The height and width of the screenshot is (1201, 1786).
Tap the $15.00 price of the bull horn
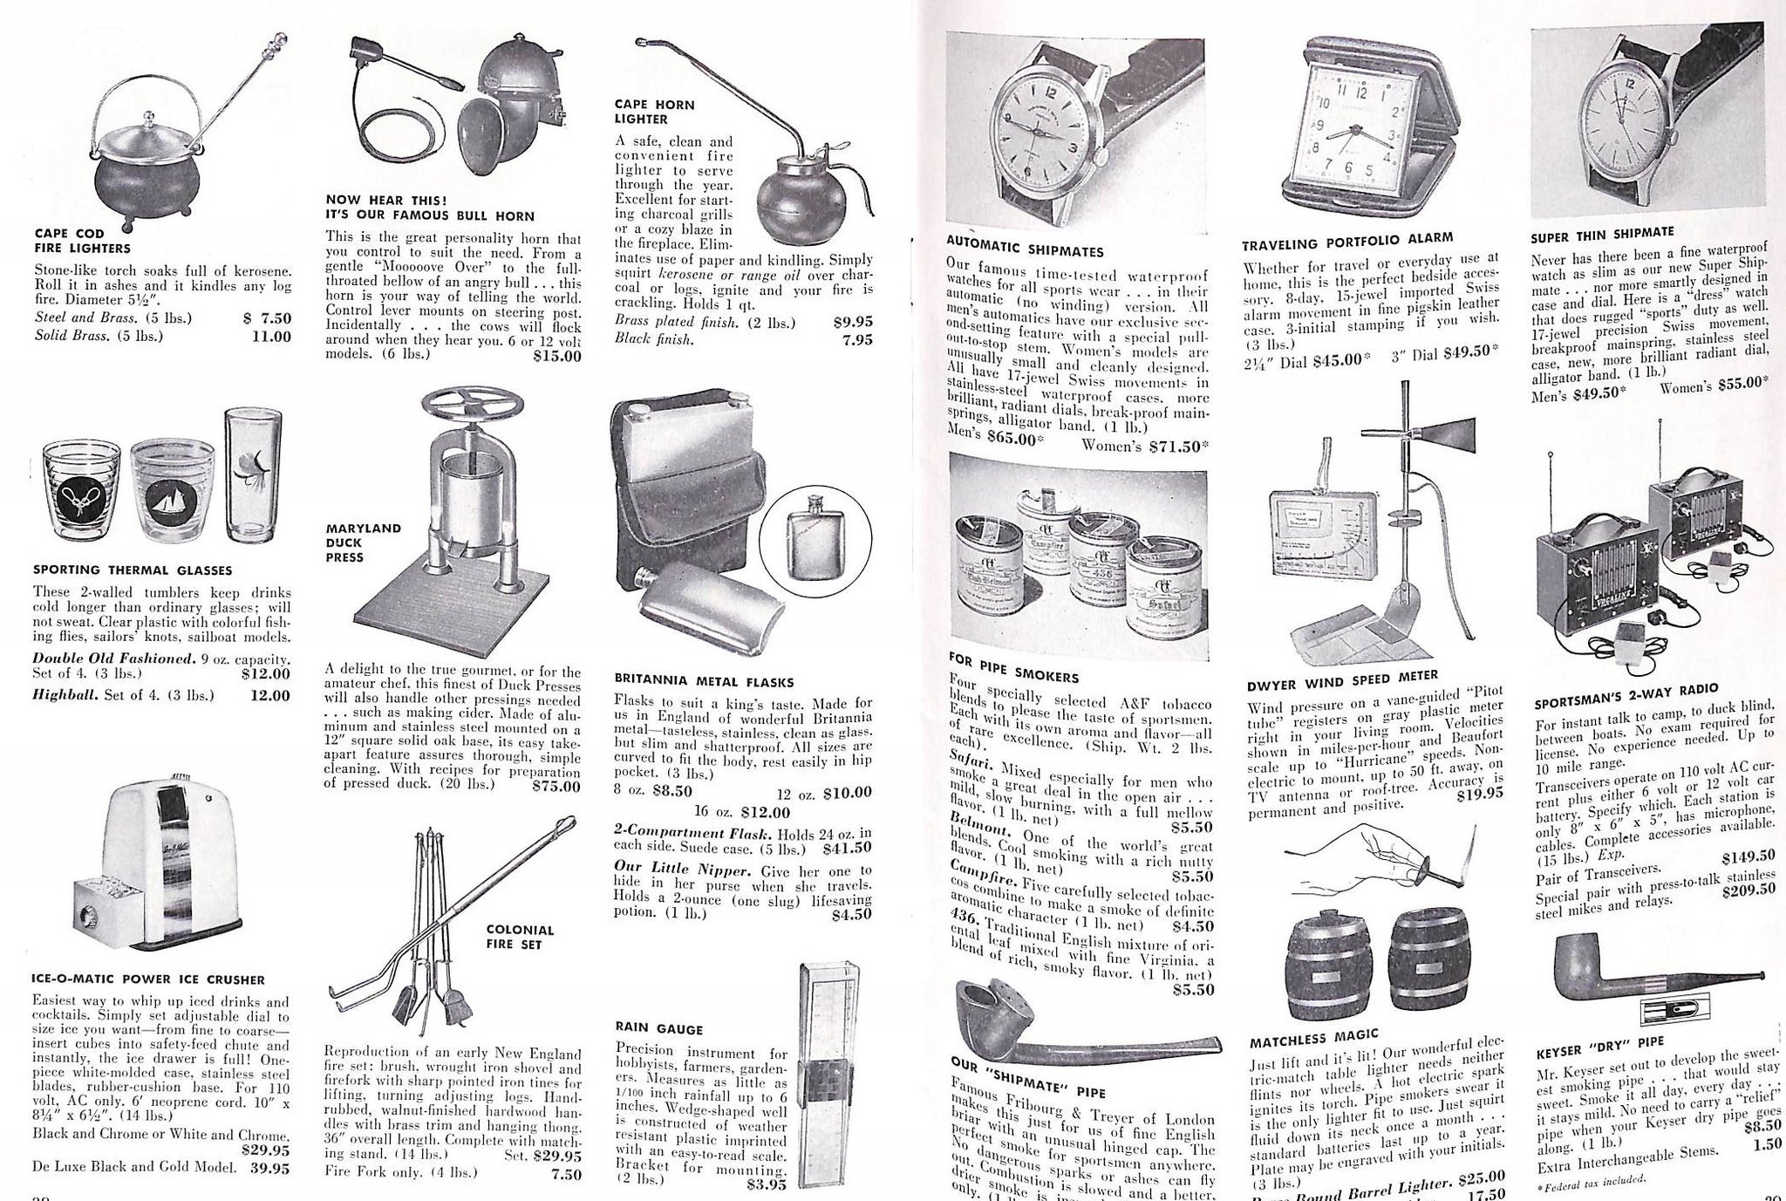(556, 355)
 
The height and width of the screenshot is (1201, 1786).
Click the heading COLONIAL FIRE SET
(520, 937)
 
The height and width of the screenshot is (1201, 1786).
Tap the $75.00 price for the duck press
(556, 785)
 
